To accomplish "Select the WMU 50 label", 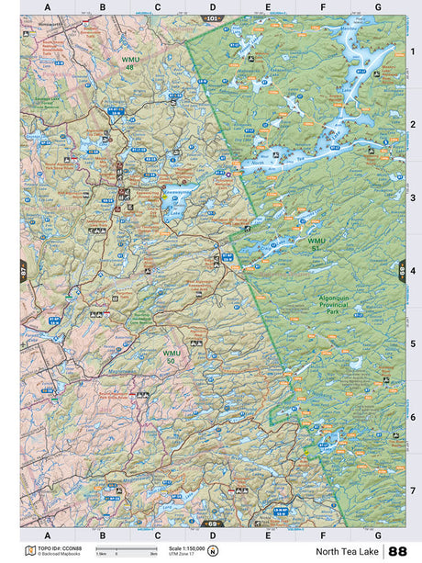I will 172,355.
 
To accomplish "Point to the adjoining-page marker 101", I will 212,17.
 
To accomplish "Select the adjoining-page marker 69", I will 212,524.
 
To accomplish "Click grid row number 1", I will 412,52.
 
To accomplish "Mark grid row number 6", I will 412,416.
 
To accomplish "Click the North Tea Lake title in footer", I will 348,551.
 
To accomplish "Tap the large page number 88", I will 397,551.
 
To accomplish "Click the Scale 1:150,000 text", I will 177,548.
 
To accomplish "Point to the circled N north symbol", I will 213,551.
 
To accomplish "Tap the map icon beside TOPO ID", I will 30,551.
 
